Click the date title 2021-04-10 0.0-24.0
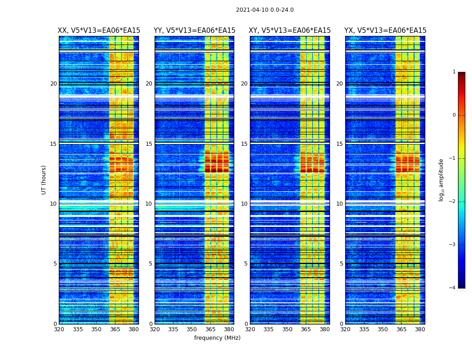pos(265,10)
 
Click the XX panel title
pos(99,31)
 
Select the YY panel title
pos(194,31)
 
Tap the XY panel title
pos(290,31)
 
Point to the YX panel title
pos(385,31)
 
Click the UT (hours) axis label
pos(44,180)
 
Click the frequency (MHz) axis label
pos(217,338)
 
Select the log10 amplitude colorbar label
pos(441,180)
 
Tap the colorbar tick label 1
pos(454,72)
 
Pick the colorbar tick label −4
pos(453,288)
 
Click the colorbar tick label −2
pos(453,202)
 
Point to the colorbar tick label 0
pos(454,115)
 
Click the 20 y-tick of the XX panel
pos(53,84)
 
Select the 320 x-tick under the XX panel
pos(59,329)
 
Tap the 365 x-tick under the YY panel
pos(211,329)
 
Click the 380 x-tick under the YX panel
pos(420,329)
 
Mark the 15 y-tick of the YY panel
pos(149,144)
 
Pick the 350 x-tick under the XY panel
pos(287,329)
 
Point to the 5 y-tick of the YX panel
pos(341,264)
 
